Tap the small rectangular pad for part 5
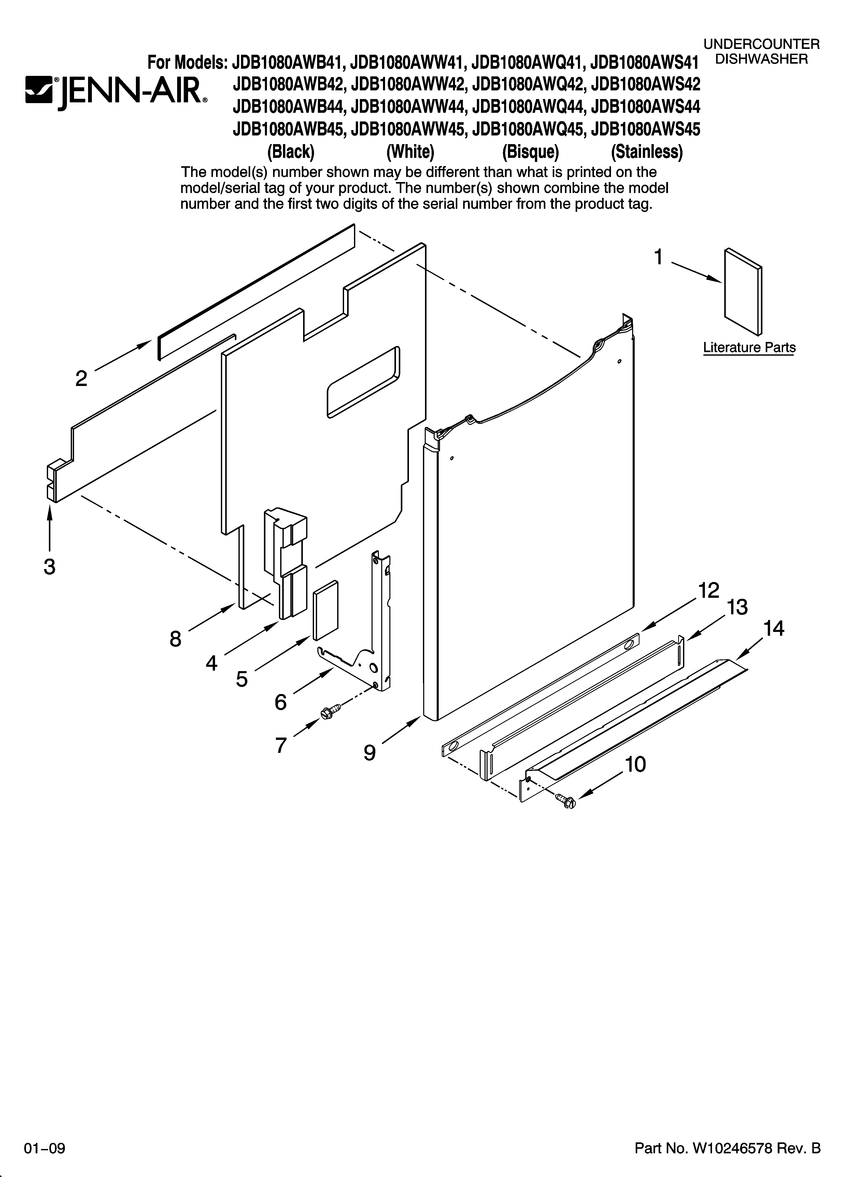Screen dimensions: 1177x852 pyautogui.click(x=325, y=610)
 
